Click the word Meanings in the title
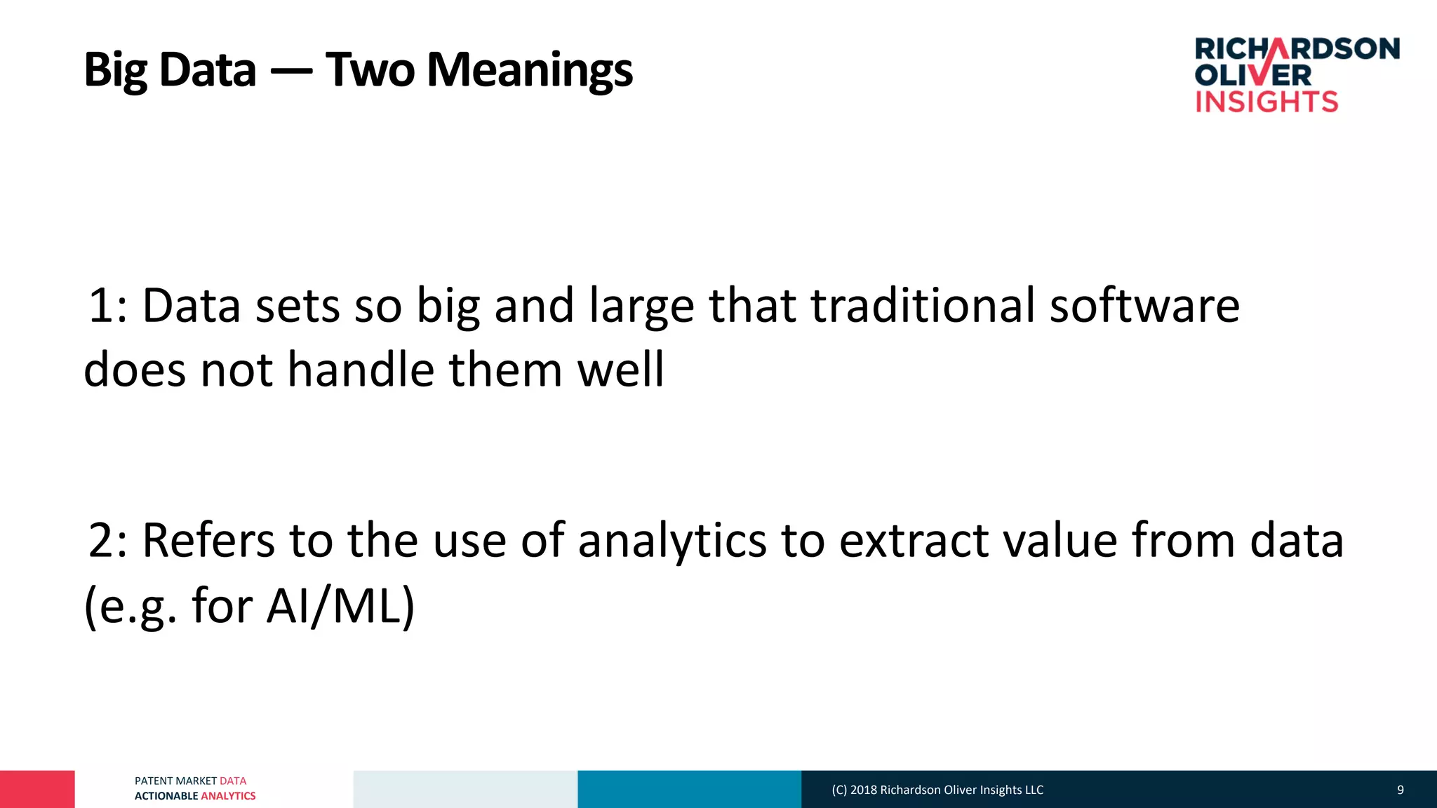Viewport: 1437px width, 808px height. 530,70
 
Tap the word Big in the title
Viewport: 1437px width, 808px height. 116,70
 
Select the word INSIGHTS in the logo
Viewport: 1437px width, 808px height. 1266,102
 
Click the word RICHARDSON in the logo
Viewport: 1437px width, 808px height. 1297,48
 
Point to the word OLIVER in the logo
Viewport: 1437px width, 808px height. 1253,75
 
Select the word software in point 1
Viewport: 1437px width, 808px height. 1144,306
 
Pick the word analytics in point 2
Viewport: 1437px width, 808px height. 672,541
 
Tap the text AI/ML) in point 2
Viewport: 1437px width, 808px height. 341,605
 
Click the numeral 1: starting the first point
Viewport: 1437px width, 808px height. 108,306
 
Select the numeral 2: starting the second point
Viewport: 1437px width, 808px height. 108,541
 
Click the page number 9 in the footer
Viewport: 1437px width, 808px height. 1400,790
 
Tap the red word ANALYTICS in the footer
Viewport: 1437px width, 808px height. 228,796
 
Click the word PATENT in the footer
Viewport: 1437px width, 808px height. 154,781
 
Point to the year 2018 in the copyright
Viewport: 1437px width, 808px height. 864,790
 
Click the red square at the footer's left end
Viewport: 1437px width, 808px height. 37,789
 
